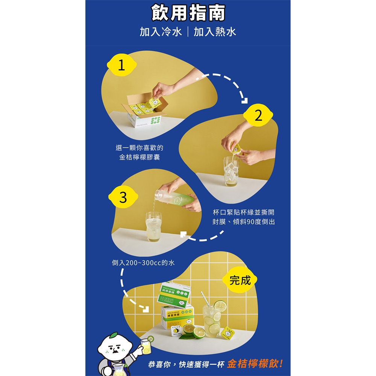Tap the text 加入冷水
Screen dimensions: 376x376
(161, 32)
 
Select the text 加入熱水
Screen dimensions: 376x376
(215, 32)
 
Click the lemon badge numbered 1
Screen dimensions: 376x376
(121, 66)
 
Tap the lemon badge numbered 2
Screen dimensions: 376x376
(258, 116)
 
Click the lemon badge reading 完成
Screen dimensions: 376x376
(240, 280)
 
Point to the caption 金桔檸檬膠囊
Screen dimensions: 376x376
(139, 157)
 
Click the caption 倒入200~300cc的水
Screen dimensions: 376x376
(143, 263)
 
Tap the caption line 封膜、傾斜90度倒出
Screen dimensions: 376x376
(244, 222)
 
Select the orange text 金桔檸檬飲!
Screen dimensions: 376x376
(255, 364)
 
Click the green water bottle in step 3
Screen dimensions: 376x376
(179, 199)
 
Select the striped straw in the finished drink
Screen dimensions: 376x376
(205, 301)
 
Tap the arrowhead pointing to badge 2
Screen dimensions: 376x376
(245, 100)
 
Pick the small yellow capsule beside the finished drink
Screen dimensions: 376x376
(228, 332)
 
